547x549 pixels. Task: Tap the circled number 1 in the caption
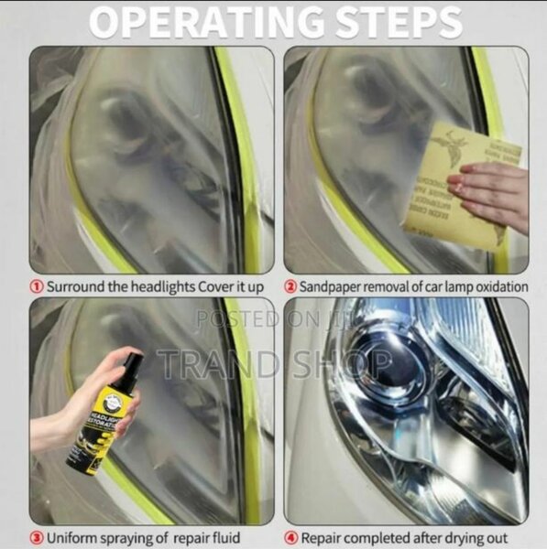(37, 286)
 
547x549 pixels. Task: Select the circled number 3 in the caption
(37, 537)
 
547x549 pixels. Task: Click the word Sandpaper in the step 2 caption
(333, 286)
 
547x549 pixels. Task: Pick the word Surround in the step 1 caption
(75, 286)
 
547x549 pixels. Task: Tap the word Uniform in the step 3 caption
(71, 537)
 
